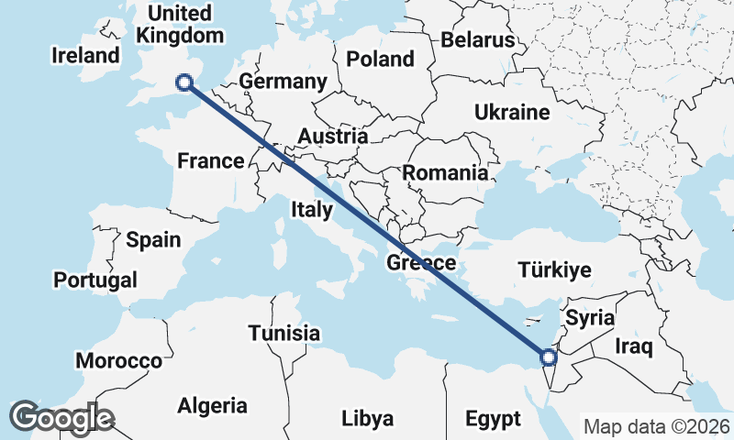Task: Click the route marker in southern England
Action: click(184, 82)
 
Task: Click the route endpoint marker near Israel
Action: click(549, 357)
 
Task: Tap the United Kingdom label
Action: click(180, 25)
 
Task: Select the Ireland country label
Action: click(86, 55)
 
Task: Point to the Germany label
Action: click(283, 82)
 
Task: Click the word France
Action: click(211, 161)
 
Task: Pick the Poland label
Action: click(380, 60)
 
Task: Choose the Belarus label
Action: click(478, 40)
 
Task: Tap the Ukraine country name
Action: click(512, 113)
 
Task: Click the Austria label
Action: click(333, 137)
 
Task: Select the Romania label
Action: click(445, 172)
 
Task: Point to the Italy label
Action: click(312, 210)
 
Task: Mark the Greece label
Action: click(421, 263)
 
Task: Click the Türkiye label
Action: click(555, 269)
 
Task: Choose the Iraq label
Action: click(633, 346)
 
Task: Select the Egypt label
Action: click(493, 419)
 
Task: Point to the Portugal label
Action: click(95, 280)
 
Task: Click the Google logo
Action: click(62, 417)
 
